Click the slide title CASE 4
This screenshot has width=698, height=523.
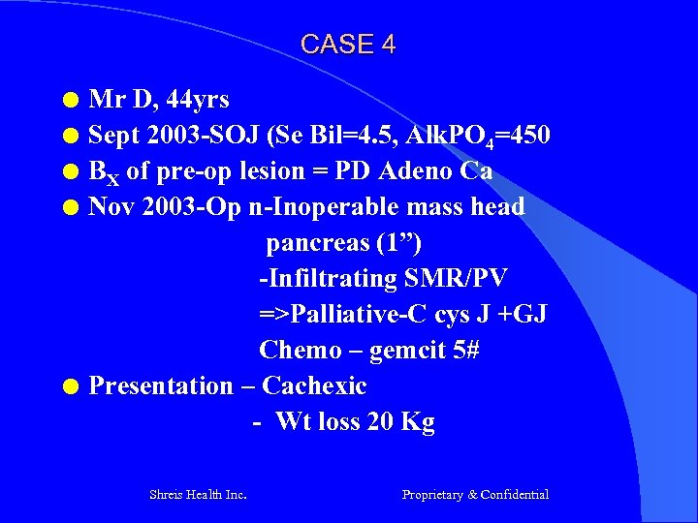348,45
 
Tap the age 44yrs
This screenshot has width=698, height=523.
199,99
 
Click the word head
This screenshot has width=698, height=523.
494,207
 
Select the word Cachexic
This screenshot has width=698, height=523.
314,386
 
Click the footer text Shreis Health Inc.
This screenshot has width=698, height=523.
198,495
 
